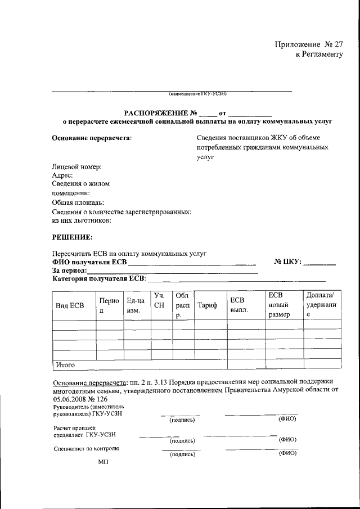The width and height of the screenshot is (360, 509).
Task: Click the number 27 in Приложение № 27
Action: pyautogui.click(x=336, y=44)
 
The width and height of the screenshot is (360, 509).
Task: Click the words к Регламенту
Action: pyautogui.click(x=319, y=54)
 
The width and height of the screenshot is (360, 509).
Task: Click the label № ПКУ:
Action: pyautogui.click(x=288, y=262)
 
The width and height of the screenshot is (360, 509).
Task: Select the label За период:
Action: pyautogui.click(x=71, y=271)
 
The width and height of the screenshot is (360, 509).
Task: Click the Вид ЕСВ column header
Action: pyautogui.click(x=69, y=305)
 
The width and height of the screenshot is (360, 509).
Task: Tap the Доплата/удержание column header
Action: pyautogui.click(x=321, y=305)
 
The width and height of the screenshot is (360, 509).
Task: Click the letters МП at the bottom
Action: pyautogui.click(x=103, y=461)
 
